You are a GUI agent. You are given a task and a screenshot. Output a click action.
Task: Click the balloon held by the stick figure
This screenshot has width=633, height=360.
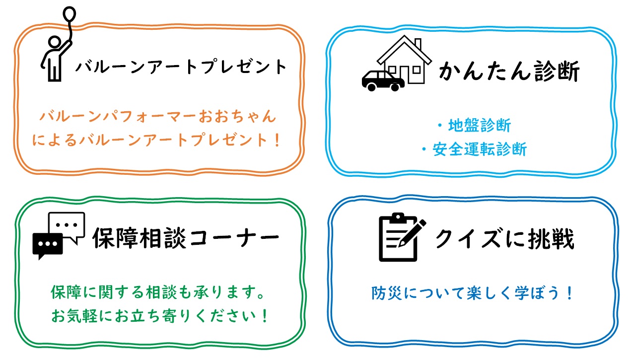click(x=69, y=14)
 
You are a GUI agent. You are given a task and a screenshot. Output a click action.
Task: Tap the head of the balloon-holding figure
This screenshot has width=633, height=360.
click(x=55, y=42)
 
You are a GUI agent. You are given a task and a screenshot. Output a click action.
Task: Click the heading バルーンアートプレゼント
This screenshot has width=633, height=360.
click(x=181, y=67)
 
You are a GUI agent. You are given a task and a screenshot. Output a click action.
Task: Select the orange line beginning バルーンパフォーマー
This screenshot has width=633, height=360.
click(x=158, y=116)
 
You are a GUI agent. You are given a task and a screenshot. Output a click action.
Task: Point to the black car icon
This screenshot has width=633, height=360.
click(x=383, y=81)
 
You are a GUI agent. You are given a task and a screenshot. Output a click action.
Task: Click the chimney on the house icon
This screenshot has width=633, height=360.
click(x=418, y=44)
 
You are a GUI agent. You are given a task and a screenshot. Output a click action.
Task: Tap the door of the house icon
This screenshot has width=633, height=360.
click(x=405, y=74)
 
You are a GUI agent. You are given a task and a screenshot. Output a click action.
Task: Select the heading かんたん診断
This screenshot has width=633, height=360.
click(x=509, y=71)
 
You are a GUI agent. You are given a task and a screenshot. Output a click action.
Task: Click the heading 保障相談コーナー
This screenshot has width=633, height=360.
click(x=186, y=238)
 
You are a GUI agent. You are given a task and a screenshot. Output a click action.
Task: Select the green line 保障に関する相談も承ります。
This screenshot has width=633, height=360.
click(x=158, y=292)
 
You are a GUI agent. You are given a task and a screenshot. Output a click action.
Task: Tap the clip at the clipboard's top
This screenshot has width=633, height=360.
click(x=398, y=218)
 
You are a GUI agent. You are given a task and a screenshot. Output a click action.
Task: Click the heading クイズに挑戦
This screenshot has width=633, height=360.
click(x=504, y=238)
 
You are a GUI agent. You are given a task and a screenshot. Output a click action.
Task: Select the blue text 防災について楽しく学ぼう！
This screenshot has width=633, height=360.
click(x=472, y=293)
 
